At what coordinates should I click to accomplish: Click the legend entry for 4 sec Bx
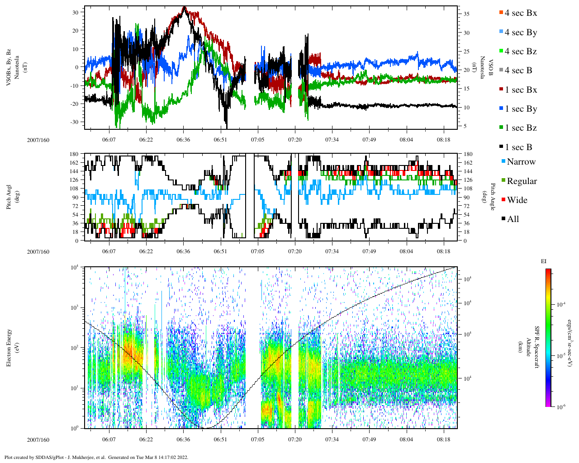[520, 13]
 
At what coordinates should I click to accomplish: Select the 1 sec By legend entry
[521, 109]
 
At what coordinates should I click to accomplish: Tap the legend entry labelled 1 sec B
[518, 147]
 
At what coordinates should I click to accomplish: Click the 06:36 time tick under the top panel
[183, 140]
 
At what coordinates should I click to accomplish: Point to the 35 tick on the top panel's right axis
[466, 14]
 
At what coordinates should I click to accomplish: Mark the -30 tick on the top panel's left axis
[74, 122]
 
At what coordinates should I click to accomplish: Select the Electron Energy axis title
[9, 347]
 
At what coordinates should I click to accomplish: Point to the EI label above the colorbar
[544, 261]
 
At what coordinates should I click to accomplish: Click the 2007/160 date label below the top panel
[38, 140]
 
